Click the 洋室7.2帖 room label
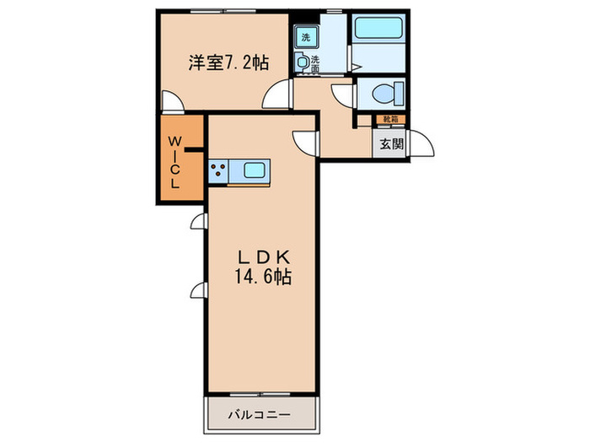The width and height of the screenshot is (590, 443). click(x=217, y=62)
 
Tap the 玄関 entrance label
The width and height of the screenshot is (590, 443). click(x=390, y=144)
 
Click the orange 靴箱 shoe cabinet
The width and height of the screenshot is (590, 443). click(x=390, y=120)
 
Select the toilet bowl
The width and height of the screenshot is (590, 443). click(x=389, y=92)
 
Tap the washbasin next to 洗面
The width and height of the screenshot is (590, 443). click(x=302, y=62)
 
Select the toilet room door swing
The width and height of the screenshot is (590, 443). click(x=344, y=95)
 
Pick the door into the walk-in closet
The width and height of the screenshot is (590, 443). click(x=170, y=102)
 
